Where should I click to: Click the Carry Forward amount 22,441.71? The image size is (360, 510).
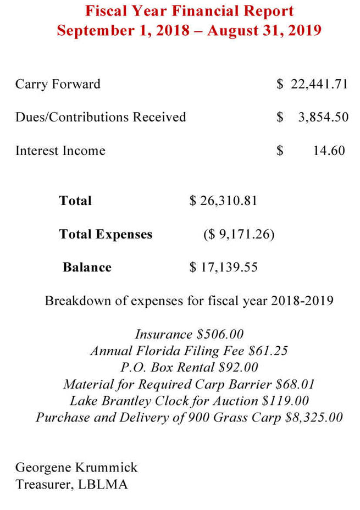319,84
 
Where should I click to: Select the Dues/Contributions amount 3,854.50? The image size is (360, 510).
323,117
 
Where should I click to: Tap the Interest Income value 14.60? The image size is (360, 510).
329,151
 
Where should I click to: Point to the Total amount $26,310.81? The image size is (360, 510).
223,201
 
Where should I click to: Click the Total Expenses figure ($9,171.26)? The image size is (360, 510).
239,235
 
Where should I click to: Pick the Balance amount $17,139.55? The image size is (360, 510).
223,268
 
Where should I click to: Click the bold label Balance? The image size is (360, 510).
87,268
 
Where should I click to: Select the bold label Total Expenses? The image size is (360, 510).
106,235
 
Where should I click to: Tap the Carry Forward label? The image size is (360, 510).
58,84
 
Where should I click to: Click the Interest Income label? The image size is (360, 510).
60,151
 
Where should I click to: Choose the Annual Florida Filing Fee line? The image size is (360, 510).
189,351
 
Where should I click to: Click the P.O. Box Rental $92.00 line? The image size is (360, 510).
189,367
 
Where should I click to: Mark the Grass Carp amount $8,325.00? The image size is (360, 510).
314,417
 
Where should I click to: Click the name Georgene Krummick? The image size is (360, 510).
76,468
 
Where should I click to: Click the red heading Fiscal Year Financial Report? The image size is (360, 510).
189,11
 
